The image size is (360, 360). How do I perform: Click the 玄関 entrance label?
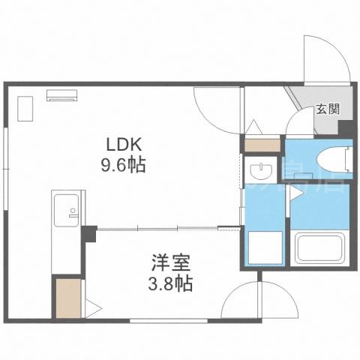[326, 108]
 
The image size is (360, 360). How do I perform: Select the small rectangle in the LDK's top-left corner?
[23, 110]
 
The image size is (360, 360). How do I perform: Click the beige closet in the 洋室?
[67, 298]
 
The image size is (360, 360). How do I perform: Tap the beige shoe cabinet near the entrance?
[262, 145]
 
